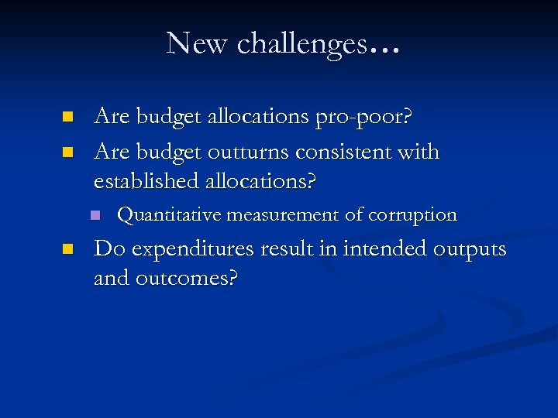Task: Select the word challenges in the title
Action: coord(301,45)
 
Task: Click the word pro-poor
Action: coord(364,117)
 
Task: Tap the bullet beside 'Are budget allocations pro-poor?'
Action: coord(67,117)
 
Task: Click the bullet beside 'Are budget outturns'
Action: coord(67,152)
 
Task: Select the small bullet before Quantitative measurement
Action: coord(95,215)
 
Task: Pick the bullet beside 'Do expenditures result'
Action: coord(67,250)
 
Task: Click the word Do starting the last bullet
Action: coord(107,249)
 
